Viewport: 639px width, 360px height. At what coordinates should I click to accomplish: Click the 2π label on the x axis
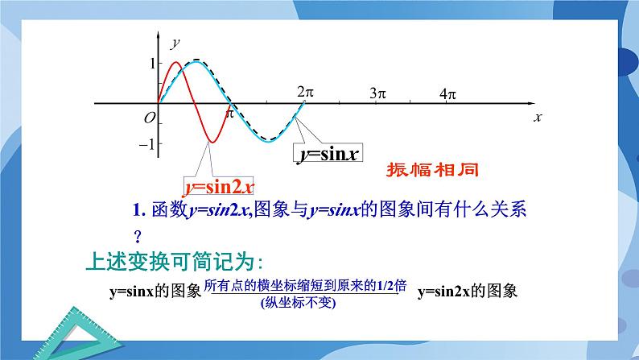pyautogui.click(x=305, y=92)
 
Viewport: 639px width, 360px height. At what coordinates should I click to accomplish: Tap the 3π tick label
pyautogui.click(x=377, y=93)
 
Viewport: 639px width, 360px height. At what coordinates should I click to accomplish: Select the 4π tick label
pyautogui.click(x=447, y=94)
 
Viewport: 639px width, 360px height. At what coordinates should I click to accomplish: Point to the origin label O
pyautogui.click(x=150, y=118)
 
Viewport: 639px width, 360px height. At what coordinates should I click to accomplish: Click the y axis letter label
pyautogui.click(x=175, y=43)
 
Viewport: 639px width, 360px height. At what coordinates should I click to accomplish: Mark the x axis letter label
pyautogui.click(x=538, y=118)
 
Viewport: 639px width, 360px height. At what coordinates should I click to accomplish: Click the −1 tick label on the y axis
pyautogui.click(x=146, y=144)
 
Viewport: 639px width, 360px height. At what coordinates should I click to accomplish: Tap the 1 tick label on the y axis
pyautogui.click(x=153, y=64)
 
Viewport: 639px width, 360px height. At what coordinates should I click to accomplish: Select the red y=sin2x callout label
pyautogui.click(x=219, y=187)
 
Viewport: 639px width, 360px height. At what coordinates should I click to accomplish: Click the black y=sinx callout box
pyautogui.click(x=328, y=154)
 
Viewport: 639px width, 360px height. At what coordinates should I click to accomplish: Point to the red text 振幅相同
pyautogui.click(x=432, y=170)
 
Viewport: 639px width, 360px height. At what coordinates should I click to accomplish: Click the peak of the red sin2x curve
pyautogui.click(x=176, y=62)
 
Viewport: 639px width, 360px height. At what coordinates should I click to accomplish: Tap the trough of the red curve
pyautogui.click(x=212, y=143)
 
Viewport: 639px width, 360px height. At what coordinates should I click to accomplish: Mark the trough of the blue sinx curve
pyautogui.click(x=269, y=141)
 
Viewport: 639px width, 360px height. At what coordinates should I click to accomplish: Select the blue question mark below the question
pyautogui.click(x=138, y=236)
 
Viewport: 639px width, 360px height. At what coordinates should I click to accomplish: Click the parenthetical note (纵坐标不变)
pyautogui.click(x=298, y=303)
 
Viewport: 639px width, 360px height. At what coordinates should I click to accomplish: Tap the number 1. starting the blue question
pyautogui.click(x=139, y=210)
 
